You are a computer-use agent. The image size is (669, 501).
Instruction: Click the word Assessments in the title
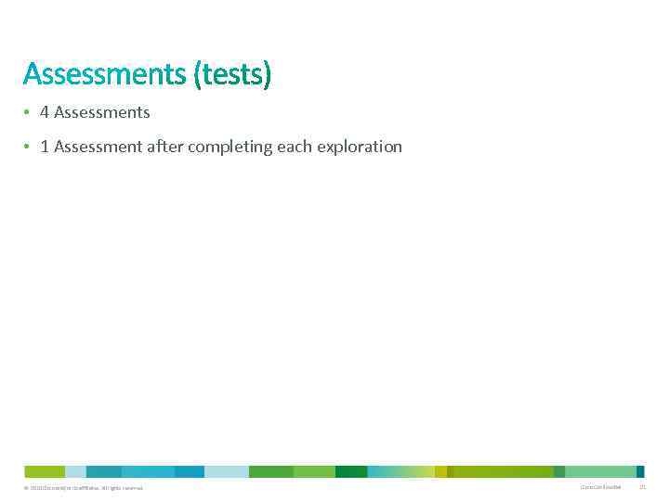point(105,74)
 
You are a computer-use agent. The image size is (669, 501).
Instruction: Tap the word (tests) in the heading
point(233,74)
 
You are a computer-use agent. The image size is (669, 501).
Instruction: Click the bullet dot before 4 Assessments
point(28,112)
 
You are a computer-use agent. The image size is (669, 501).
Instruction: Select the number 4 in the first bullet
point(44,112)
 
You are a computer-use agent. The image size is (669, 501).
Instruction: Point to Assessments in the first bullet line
point(101,112)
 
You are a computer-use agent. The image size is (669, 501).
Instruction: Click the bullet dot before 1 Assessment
point(28,147)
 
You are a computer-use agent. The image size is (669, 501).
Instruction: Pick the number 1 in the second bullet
point(44,147)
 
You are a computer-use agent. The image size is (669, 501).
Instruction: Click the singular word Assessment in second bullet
point(98,147)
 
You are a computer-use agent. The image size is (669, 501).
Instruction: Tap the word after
point(165,147)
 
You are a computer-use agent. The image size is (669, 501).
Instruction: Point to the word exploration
point(360,147)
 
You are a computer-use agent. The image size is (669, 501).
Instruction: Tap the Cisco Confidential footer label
point(600,487)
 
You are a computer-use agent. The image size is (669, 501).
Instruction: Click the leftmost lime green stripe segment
point(45,471)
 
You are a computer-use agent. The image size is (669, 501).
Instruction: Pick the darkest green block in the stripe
point(351,471)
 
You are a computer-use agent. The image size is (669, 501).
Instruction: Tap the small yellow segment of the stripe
point(440,471)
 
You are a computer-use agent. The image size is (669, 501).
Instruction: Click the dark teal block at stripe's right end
point(640,471)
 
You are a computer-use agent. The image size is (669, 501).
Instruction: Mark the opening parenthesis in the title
point(198,74)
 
